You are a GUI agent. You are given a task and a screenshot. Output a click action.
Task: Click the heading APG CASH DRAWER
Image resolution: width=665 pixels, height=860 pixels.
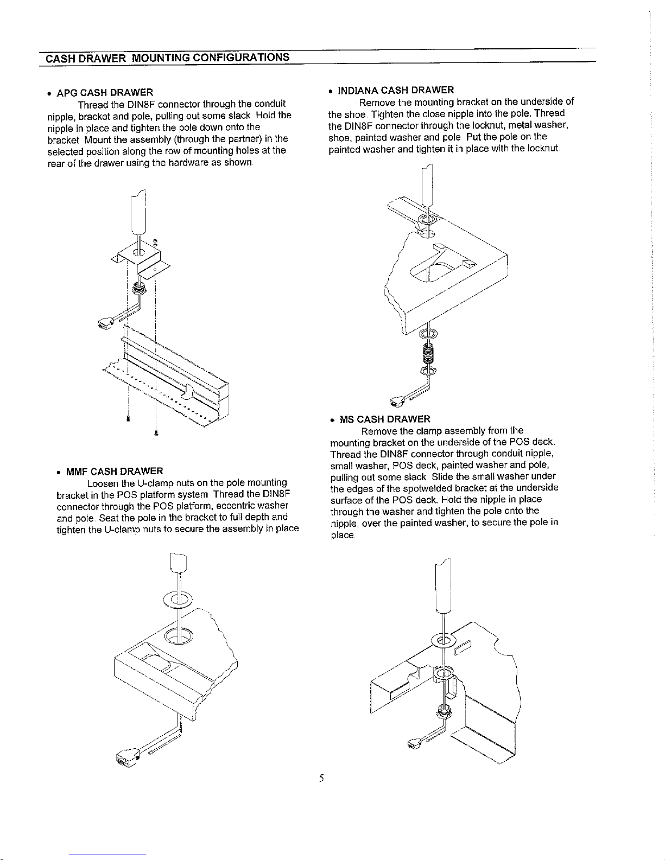click(104, 93)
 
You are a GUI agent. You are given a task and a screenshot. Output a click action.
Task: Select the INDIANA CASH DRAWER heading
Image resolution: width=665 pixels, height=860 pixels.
click(395, 90)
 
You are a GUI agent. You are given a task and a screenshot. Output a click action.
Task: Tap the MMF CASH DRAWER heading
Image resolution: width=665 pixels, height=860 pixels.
click(115, 472)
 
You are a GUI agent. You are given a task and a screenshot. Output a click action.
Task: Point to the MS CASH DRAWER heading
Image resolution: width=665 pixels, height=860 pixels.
click(385, 419)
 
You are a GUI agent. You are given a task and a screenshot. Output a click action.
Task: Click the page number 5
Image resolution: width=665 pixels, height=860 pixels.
click(321, 779)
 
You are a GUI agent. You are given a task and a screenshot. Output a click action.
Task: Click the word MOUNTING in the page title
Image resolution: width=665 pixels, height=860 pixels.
click(160, 58)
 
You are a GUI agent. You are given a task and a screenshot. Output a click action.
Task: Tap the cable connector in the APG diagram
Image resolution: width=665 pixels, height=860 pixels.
click(105, 324)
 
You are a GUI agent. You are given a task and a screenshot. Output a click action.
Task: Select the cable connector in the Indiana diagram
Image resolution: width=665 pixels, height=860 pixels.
click(397, 402)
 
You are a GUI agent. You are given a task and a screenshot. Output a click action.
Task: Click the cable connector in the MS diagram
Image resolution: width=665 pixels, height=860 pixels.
click(414, 744)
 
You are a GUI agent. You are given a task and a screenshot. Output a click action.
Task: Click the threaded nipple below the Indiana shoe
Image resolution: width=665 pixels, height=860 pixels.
click(428, 353)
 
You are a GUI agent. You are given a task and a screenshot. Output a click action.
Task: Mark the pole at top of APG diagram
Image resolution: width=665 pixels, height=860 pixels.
click(138, 212)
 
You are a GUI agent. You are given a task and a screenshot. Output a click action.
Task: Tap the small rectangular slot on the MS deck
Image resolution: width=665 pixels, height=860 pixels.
click(464, 648)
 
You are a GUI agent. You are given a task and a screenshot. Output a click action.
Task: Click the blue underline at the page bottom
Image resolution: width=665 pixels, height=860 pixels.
click(107, 855)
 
